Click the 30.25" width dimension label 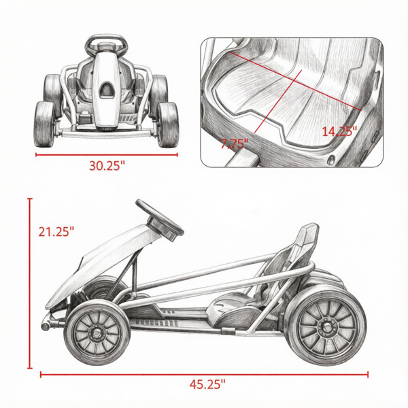pyautogui.click(x=107, y=165)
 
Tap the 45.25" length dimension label pyautogui.click(x=207, y=384)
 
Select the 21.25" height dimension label pyautogui.click(x=56, y=232)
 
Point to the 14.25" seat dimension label pyautogui.click(x=339, y=131)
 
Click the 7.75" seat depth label pyautogui.click(x=235, y=143)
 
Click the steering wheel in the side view pyautogui.click(x=160, y=220)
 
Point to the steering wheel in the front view pyautogui.click(x=106, y=44)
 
